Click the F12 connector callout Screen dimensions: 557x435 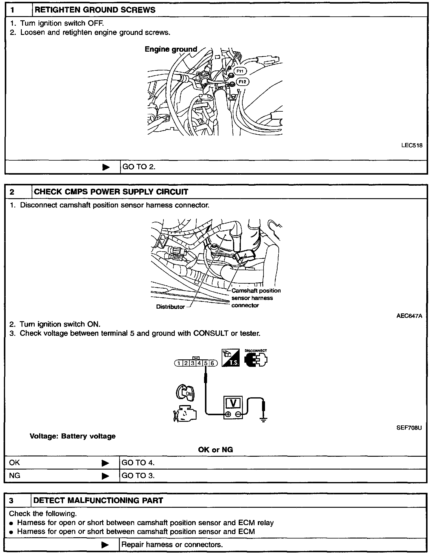tap(242, 81)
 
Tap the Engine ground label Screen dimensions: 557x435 tap(171, 49)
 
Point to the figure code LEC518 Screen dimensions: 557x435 tap(412, 146)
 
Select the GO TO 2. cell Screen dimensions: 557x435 tap(139, 167)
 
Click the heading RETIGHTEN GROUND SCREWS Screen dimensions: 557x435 tap(95, 10)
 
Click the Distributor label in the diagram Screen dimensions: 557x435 tap(170, 307)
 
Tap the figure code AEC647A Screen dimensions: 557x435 tap(409, 316)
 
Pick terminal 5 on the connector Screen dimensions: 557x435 tap(206, 363)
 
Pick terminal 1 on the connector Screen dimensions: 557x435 tap(179, 363)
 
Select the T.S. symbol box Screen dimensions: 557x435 tap(231, 358)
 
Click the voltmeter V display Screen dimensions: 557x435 tap(233, 403)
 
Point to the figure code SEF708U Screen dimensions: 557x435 tap(409, 428)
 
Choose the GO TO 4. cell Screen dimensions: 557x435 tap(138, 463)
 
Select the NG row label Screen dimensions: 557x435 tap(15, 476)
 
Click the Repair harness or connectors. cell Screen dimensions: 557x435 tap(172, 545)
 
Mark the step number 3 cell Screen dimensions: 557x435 tap(12, 501)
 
